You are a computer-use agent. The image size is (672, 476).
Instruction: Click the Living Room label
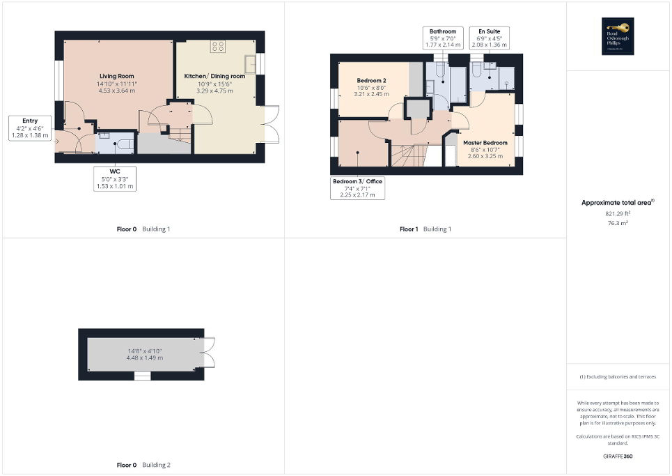(117, 76)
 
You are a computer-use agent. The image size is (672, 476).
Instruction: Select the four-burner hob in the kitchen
(218, 47)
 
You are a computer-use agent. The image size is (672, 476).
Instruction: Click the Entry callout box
(30, 128)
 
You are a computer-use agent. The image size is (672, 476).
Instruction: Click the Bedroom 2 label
(371, 81)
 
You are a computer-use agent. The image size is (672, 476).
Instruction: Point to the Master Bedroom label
(485, 143)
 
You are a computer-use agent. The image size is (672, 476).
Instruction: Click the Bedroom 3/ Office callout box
(357, 188)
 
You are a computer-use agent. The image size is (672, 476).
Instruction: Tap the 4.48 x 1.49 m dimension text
(145, 358)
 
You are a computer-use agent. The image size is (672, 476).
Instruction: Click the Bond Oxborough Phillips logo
(618, 37)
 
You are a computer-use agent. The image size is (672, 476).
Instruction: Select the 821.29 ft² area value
(618, 214)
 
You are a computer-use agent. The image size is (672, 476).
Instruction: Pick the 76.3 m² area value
(618, 224)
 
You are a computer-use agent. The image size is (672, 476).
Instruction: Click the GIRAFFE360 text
(618, 456)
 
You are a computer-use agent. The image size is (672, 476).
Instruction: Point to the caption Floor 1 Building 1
(425, 229)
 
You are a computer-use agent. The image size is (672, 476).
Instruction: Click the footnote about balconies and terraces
(618, 377)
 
